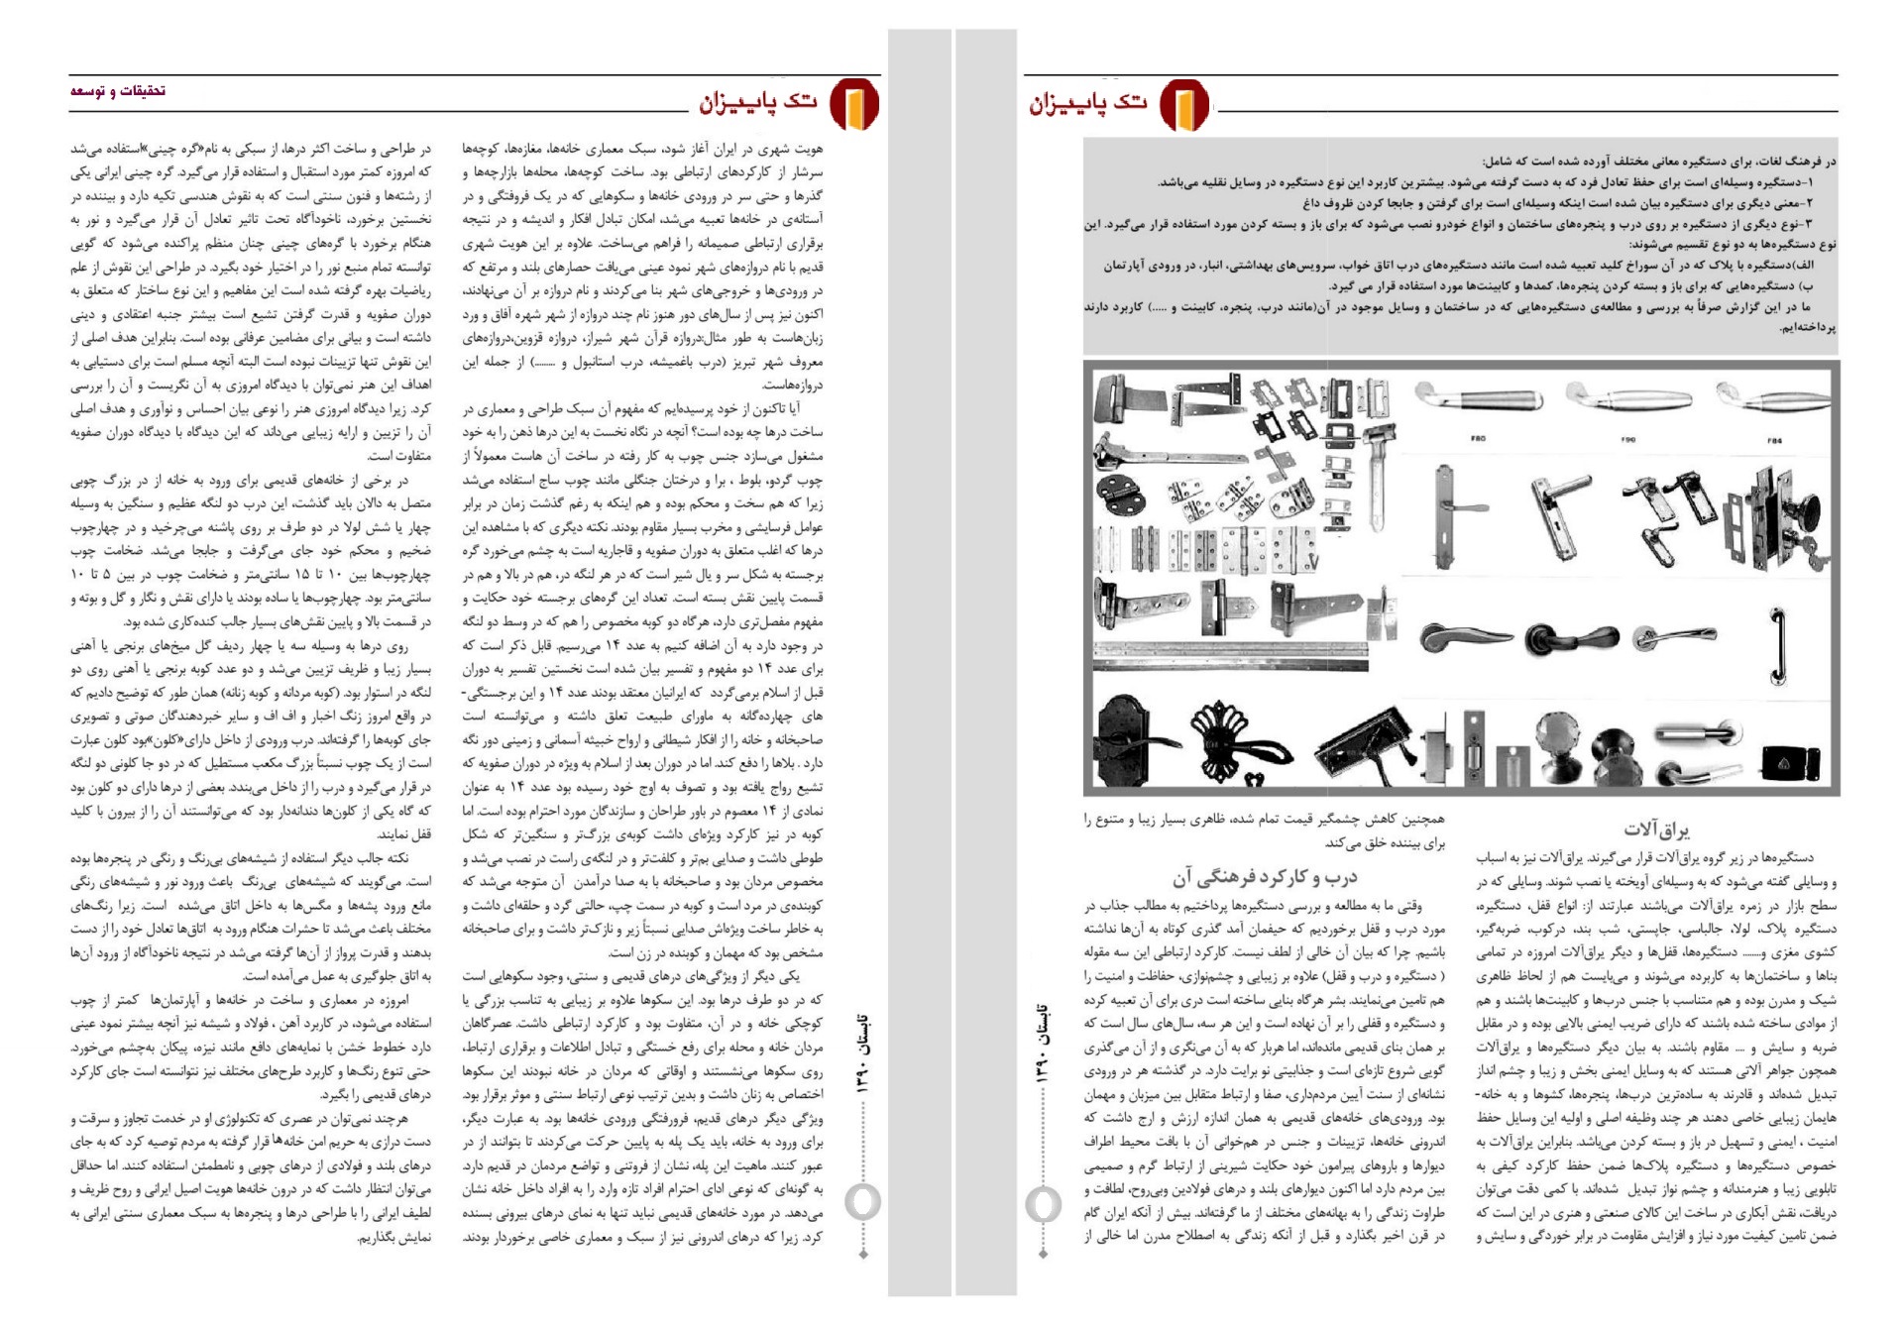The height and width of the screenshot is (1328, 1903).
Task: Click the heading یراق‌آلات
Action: (1656, 830)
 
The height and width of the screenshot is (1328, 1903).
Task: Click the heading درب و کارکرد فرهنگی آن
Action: (1265, 877)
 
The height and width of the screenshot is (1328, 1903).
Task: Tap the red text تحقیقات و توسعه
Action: (118, 91)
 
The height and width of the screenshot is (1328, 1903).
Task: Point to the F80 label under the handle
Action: (1478, 438)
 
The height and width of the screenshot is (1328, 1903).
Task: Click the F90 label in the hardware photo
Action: (1627, 438)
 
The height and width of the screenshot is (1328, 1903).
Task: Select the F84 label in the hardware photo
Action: (1774, 440)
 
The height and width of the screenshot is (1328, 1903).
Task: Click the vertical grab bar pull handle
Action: (1779, 645)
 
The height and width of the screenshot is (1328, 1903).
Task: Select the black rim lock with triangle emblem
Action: (1790, 763)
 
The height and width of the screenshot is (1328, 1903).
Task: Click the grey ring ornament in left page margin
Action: (862, 1202)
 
